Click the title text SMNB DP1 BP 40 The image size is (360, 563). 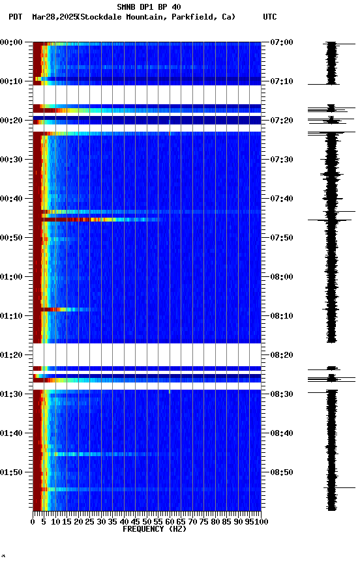pyautogui.click(x=149, y=7)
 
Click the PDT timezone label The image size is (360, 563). pyautogui.click(x=16, y=17)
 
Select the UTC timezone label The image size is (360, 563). pyautogui.click(x=270, y=17)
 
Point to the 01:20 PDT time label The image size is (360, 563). pyautogui.click(x=12, y=355)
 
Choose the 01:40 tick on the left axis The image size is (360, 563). pyautogui.click(x=12, y=433)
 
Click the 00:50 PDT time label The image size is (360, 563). pyautogui.click(x=12, y=238)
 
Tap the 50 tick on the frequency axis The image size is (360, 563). pyautogui.click(x=147, y=521)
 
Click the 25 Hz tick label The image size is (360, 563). pyautogui.click(x=90, y=521)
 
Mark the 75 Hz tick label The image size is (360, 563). pyautogui.click(x=204, y=521)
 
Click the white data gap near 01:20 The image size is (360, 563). pyautogui.click(x=147, y=354)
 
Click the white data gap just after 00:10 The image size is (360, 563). pyautogui.click(x=147, y=94)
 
